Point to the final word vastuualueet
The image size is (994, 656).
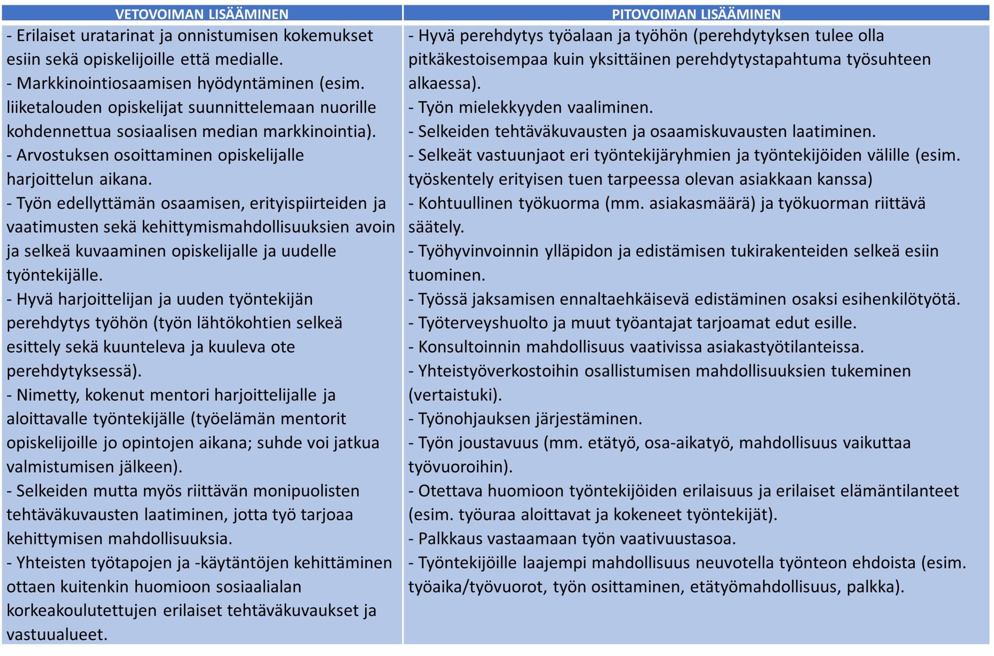tap(57, 635)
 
